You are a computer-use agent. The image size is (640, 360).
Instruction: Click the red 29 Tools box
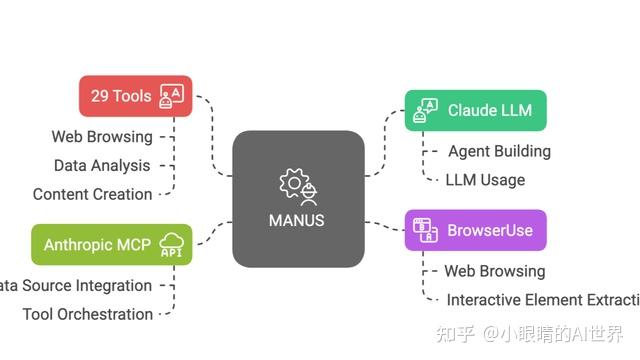coord(135,96)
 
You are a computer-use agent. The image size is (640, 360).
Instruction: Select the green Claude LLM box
coord(475,110)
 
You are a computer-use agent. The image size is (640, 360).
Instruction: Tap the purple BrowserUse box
coord(475,230)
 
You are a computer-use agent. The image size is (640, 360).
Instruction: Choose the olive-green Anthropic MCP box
coord(111,244)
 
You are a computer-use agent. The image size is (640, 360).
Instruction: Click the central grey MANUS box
coord(298,198)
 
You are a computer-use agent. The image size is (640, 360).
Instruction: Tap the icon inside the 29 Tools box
coord(171,96)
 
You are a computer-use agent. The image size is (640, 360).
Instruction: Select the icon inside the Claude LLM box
coord(424,110)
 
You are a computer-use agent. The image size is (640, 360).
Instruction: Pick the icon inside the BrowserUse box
coord(424,230)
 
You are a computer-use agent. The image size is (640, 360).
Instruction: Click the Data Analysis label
coord(102,165)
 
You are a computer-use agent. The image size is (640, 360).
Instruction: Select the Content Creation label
coord(92,194)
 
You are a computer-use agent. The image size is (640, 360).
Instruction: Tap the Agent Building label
coord(499,151)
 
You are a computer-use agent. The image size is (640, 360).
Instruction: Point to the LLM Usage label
coord(485,180)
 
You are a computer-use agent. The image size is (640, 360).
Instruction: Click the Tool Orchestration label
coord(88,314)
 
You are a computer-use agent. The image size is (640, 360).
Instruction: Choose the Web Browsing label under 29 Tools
coord(102,136)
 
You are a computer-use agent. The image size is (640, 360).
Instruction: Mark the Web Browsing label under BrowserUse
coord(494,270)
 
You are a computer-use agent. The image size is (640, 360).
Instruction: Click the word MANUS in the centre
coord(298,220)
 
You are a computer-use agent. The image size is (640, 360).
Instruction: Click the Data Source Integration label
coord(76,285)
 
